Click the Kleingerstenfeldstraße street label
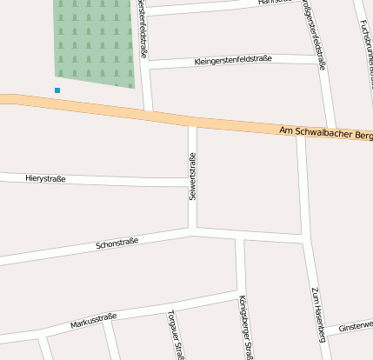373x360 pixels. coord(233,60)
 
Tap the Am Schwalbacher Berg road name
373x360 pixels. coord(326,132)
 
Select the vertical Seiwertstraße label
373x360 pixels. coord(192,177)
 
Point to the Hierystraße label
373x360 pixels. coord(47,177)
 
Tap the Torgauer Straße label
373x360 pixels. coord(177,336)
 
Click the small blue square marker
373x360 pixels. coord(57,90)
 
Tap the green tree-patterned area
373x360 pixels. coord(96,39)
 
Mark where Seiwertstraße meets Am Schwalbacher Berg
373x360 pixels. coord(192,121)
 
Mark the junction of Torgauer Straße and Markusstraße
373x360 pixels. coord(170,308)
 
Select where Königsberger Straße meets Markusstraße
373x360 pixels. coord(239,293)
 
